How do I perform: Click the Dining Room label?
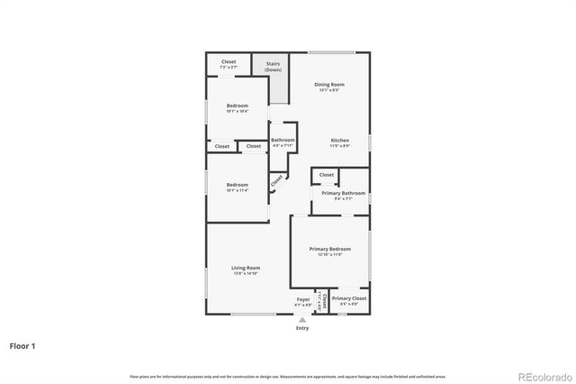(x=329, y=85)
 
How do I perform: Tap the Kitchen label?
(x=339, y=141)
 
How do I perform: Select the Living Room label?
(x=246, y=268)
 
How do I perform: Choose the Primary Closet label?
(x=348, y=298)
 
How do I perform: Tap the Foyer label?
(x=303, y=299)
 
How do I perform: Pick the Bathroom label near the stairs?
(x=283, y=140)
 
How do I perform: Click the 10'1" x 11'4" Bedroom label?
(x=237, y=187)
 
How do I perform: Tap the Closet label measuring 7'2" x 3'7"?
(x=229, y=64)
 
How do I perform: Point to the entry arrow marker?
(x=302, y=320)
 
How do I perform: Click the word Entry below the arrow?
(x=302, y=328)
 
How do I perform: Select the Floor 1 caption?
(x=22, y=344)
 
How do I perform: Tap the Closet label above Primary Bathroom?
(x=326, y=175)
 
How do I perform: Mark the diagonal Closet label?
(x=276, y=179)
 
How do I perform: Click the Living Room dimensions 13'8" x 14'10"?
(x=246, y=272)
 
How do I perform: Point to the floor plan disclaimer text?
(x=288, y=376)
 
